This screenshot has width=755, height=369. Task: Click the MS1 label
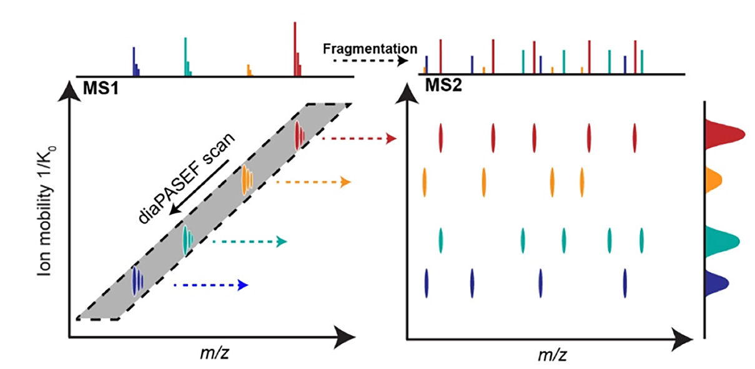[101, 87]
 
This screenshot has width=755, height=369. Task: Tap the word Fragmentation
[370, 48]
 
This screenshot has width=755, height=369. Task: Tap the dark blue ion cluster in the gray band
[137, 280]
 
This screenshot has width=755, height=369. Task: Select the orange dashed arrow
[312, 182]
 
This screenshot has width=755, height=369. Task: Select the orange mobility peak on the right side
[713, 180]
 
